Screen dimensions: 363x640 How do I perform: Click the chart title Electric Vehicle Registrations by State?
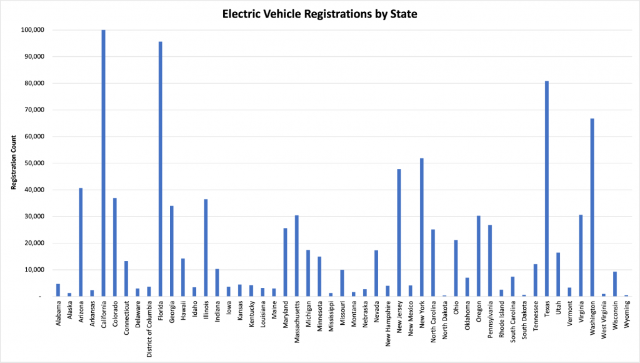tap(319, 13)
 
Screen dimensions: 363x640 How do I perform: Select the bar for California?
tap(103, 163)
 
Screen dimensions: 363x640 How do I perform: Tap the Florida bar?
tap(160, 169)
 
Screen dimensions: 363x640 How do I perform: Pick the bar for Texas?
tap(547, 188)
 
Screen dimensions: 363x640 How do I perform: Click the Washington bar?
tap(592, 207)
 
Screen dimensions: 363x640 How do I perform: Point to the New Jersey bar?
tap(399, 232)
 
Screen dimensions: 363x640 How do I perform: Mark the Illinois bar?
tap(206, 248)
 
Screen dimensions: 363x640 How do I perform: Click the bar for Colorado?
tap(115, 247)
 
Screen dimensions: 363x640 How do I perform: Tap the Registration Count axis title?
tap(12, 163)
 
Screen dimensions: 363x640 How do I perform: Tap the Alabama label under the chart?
tap(58, 314)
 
